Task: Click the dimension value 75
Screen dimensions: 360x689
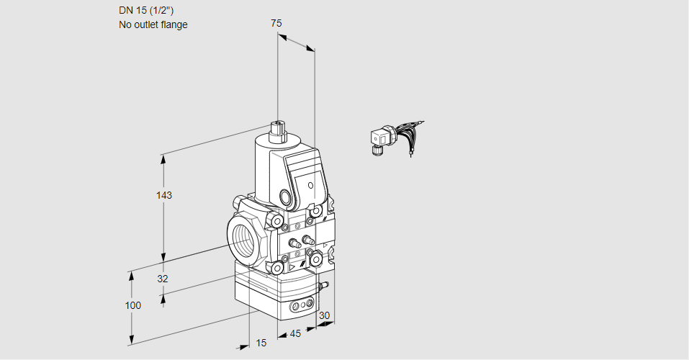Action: click(x=276, y=23)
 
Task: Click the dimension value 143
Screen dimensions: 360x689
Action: click(x=165, y=195)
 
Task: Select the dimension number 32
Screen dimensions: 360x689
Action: click(x=163, y=279)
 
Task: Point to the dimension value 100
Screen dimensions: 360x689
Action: click(x=132, y=305)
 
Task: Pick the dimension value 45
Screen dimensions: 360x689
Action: click(x=295, y=334)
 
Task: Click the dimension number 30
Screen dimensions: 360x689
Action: click(x=324, y=315)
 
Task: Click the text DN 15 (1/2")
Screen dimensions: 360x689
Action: click(x=146, y=10)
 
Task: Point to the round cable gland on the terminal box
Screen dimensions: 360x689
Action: click(x=287, y=197)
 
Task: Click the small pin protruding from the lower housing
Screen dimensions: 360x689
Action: click(x=323, y=286)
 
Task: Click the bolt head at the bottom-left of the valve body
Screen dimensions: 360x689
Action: click(x=276, y=268)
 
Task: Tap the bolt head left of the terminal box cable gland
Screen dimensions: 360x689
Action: click(x=276, y=220)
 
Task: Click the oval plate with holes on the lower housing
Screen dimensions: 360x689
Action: click(x=302, y=306)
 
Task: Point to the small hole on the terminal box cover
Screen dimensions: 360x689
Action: click(x=310, y=186)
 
